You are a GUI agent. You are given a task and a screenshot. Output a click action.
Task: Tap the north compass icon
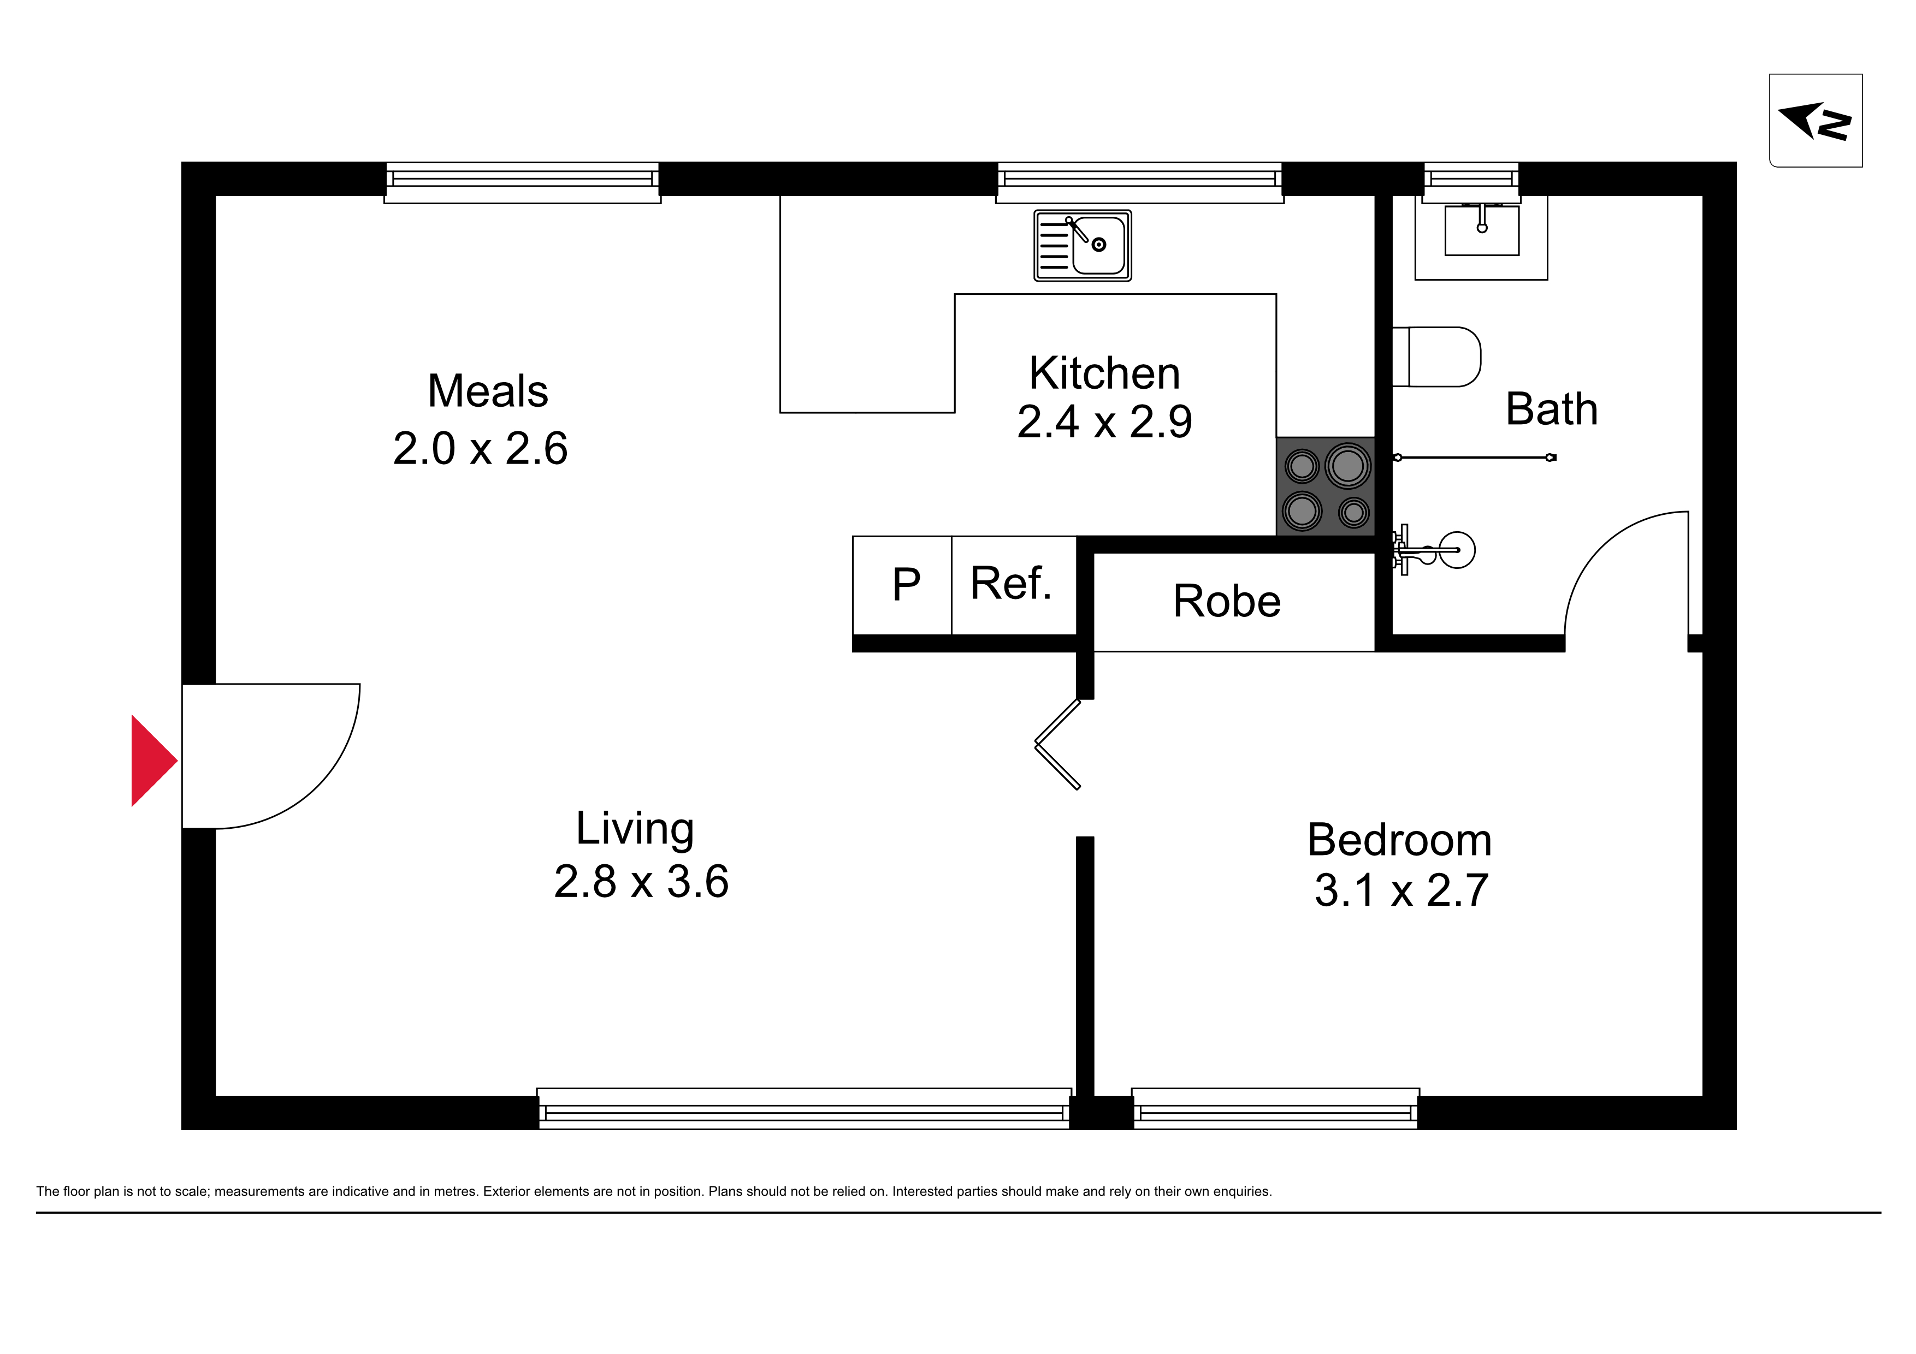coord(1816,120)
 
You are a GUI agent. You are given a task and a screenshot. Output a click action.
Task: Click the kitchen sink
coord(1083,245)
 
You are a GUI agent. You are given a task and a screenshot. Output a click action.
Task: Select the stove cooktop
coord(1325,486)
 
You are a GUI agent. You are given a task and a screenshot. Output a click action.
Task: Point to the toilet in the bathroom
coord(1436,357)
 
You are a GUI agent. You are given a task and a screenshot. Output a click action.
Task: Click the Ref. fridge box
coord(1014,586)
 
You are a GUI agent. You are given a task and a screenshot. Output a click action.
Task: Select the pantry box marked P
coord(902,586)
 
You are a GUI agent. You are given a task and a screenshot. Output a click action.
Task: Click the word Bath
coord(1551,409)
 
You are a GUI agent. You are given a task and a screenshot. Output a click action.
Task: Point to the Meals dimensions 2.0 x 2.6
coord(480,448)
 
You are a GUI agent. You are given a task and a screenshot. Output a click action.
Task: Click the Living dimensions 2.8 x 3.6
coord(641,881)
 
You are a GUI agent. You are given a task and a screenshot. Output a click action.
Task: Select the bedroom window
coord(1275,1109)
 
